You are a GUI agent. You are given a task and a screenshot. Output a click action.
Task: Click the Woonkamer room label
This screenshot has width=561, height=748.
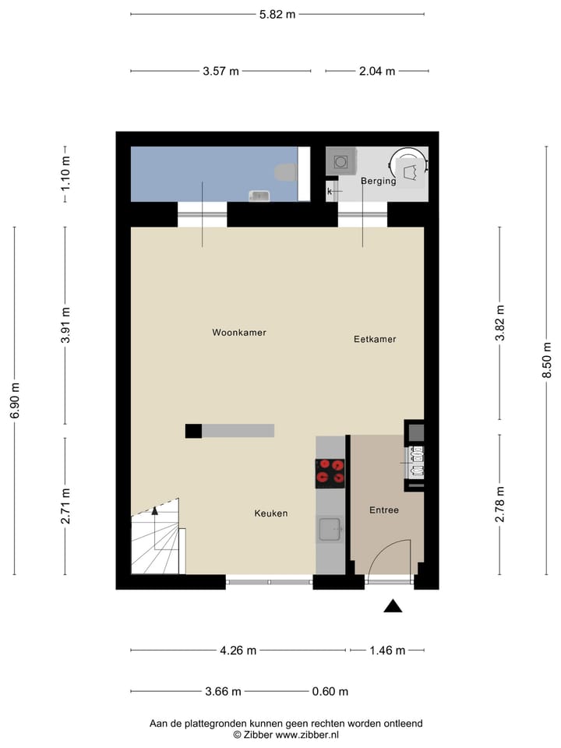(239, 333)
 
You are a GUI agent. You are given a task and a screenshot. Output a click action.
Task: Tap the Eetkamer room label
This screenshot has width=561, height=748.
(375, 340)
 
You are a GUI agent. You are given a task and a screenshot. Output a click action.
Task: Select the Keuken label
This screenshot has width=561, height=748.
(271, 513)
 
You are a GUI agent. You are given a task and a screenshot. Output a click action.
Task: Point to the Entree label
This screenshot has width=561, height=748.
(383, 511)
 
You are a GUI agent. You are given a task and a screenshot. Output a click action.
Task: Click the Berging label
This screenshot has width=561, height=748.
(378, 182)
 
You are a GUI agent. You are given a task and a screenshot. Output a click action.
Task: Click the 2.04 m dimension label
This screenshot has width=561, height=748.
(377, 71)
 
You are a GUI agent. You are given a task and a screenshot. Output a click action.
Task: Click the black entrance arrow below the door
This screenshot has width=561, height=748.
(393, 606)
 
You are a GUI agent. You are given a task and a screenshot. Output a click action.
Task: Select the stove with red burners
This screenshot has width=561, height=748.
(330, 473)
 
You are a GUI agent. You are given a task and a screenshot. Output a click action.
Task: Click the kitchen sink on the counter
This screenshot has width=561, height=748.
(330, 529)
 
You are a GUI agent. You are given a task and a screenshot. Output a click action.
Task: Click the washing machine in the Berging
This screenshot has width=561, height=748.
(340, 161)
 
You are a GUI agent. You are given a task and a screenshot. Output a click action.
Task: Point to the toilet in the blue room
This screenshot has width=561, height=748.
(286, 172)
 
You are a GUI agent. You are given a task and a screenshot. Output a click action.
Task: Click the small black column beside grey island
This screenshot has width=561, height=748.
(193, 430)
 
